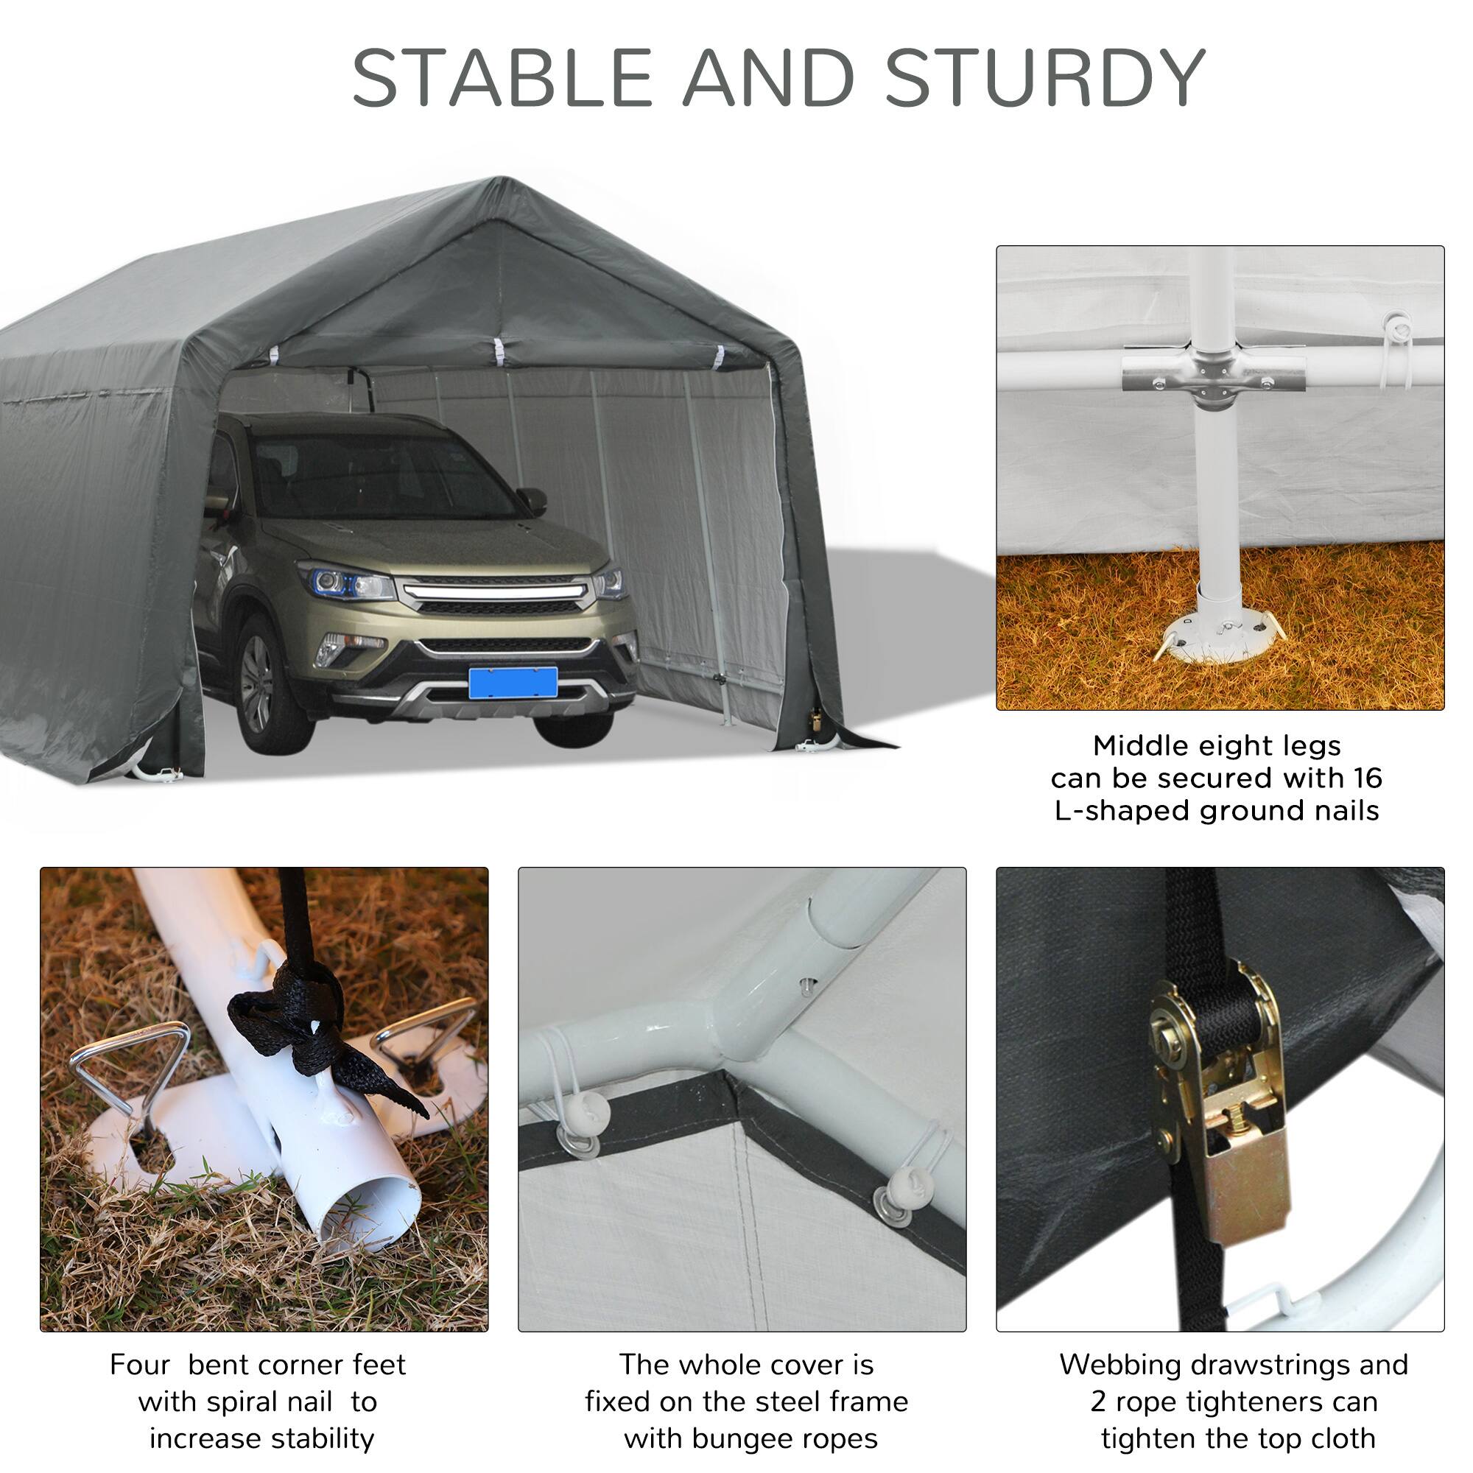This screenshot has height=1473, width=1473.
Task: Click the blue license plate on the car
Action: (x=513, y=683)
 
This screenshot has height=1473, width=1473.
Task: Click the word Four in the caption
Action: (x=139, y=1365)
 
